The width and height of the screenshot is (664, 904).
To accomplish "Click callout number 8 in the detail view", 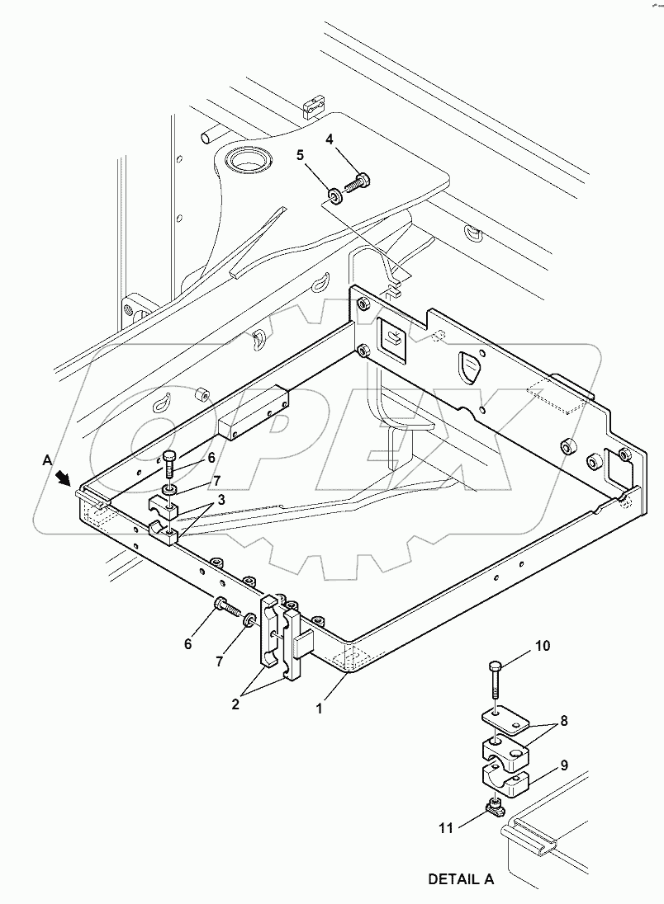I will pyautogui.click(x=564, y=721).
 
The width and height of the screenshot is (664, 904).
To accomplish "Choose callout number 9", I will pyautogui.click(x=564, y=765).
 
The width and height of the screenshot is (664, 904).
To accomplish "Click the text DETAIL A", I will pyautogui.click(x=460, y=880).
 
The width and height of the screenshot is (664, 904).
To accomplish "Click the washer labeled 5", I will pyautogui.click(x=334, y=195).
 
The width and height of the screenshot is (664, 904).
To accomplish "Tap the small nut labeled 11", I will pyautogui.click(x=496, y=807).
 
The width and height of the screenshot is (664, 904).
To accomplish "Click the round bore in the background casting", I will pyautogui.click(x=245, y=158).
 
